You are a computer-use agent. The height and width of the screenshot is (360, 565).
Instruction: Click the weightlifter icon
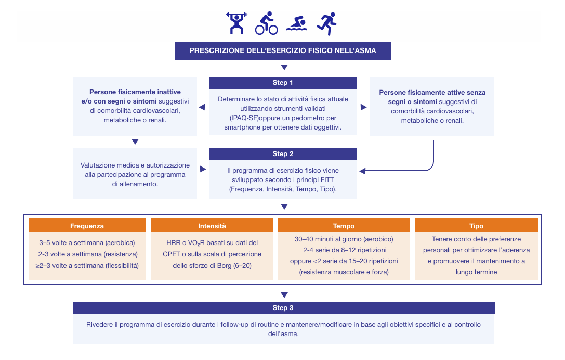pyautogui.click(x=236, y=23)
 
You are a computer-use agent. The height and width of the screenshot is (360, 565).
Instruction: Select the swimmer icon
pyautogui.click(x=296, y=23)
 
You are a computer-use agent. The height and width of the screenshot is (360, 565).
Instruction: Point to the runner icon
pyautogui.click(x=326, y=24)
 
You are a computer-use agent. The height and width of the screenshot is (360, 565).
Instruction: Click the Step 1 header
pyautogui.click(x=283, y=83)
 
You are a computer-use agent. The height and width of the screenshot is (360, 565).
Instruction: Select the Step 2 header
pyautogui.click(x=283, y=154)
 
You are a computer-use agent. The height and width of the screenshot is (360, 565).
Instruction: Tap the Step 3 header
pyautogui.click(x=284, y=308)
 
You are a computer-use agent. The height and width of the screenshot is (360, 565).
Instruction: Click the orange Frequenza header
pyautogui.click(x=87, y=226)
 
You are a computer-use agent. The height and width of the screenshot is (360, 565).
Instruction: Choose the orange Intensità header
pyautogui.click(x=212, y=226)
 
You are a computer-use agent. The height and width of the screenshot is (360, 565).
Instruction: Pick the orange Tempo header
pyautogui.click(x=344, y=226)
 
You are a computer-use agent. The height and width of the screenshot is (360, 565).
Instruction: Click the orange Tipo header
pyautogui.click(x=476, y=226)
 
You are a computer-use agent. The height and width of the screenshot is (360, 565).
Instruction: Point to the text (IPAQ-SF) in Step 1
pyautogui.click(x=244, y=118)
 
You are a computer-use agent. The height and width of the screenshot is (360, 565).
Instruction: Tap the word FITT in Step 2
pyautogui.click(x=325, y=179)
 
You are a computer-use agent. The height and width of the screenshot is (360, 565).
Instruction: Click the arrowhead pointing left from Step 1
pyautogui.click(x=202, y=107)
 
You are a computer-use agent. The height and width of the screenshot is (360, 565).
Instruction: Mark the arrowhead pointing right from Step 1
pyautogui.click(x=363, y=107)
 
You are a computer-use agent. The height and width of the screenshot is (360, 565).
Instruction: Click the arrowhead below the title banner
pyautogui.click(x=284, y=67)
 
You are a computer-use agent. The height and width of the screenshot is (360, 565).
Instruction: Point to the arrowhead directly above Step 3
pyautogui.click(x=284, y=295)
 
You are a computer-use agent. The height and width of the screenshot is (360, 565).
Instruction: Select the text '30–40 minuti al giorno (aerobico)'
pyautogui.click(x=344, y=239)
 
